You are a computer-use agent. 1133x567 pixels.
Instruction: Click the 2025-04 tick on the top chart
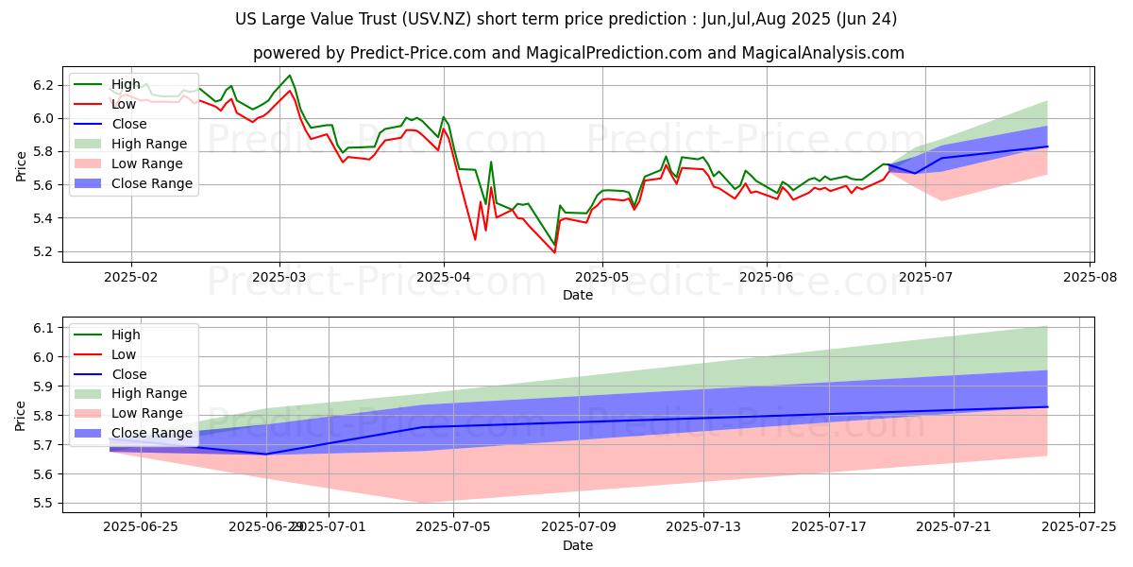click(x=444, y=278)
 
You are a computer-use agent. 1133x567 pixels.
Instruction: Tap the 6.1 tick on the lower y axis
click(x=44, y=328)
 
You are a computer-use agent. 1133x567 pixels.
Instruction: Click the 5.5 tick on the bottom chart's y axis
click(x=44, y=504)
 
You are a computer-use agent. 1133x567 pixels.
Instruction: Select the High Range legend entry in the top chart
click(x=152, y=144)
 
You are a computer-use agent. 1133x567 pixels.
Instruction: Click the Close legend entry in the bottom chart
click(x=129, y=374)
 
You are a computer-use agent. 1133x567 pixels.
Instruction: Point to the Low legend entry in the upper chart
click(x=124, y=104)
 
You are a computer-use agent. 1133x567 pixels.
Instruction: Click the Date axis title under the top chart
click(x=578, y=295)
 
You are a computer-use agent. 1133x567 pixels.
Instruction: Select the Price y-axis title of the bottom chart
click(x=20, y=415)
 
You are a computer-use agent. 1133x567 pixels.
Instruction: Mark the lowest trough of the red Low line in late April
click(x=554, y=252)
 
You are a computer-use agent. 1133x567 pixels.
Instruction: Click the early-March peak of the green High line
click(x=289, y=76)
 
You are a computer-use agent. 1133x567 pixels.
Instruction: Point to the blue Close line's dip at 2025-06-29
click(x=265, y=454)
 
